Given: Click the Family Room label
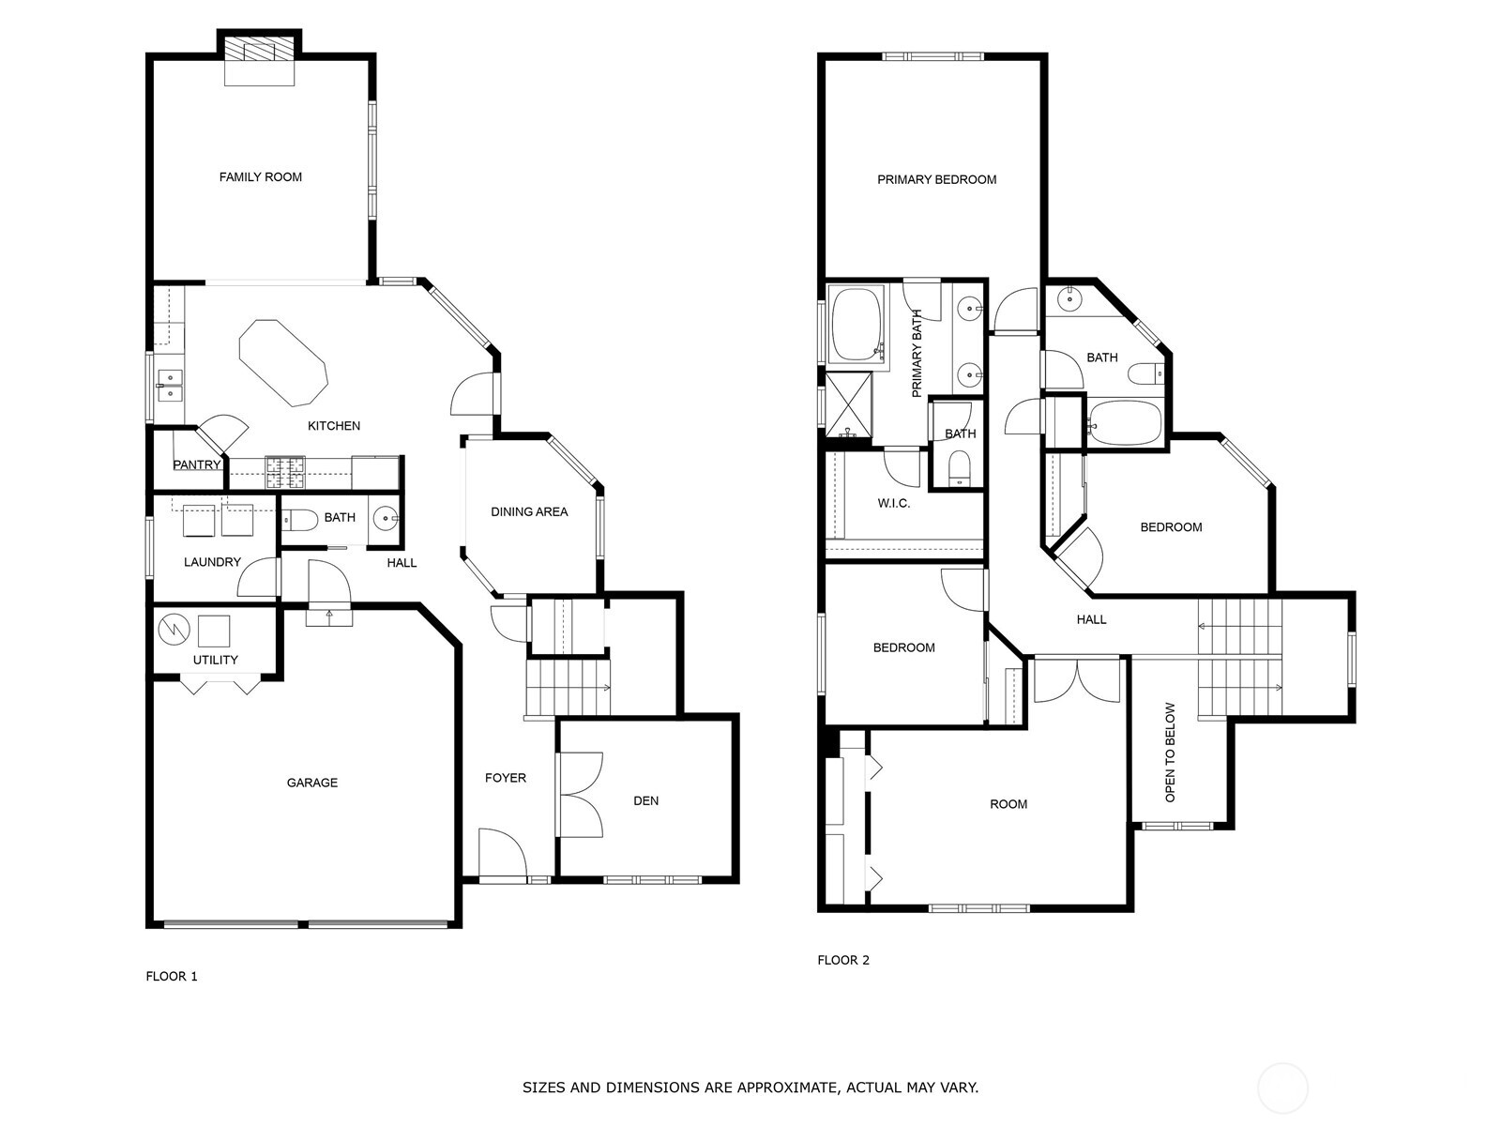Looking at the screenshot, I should (x=260, y=176).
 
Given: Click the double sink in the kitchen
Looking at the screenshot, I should (x=170, y=385).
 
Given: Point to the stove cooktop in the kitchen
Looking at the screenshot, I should (x=284, y=471).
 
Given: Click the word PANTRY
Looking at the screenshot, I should (x=196, y=464).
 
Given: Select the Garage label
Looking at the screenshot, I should (x=311, y=783).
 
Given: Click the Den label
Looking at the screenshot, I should (x=645, y=800).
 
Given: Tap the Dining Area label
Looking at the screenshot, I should (x=529, y=511).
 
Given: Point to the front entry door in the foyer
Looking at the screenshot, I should (x=502, y=854).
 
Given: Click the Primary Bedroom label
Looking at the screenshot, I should (x=936, y=179).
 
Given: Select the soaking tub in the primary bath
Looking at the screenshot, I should (x=857, y=325).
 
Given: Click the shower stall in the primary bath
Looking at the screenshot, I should (x=848, y=404).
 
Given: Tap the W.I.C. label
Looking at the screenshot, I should (x=893, y=503).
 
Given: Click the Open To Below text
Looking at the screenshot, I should (x=1170, y=753).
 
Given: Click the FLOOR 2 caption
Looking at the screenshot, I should (x=843, y=960).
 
